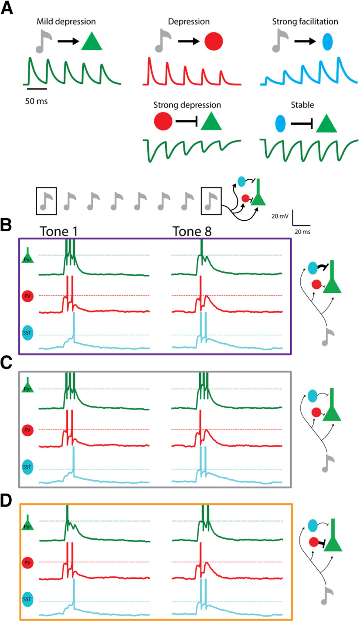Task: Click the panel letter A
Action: pos(7,8)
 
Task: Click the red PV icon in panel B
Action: pos(27,297)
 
